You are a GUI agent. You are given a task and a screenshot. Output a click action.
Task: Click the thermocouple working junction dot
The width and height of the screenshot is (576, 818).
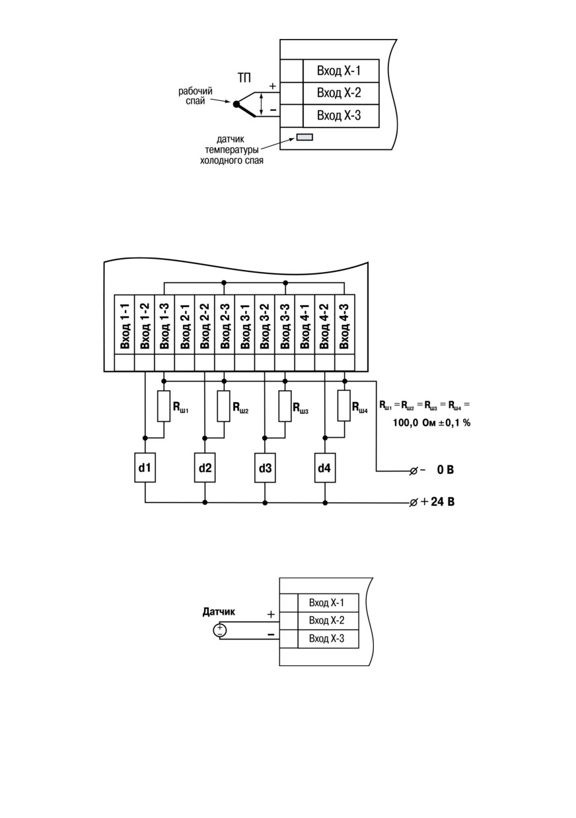[236, 104]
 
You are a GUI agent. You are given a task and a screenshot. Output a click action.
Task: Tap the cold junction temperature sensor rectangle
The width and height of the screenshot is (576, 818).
[305, 137]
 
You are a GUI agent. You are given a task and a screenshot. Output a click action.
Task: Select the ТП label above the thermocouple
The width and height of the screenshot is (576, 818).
[244, 78]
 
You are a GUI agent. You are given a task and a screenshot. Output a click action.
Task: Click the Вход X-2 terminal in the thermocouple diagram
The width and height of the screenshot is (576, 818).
[339, 92]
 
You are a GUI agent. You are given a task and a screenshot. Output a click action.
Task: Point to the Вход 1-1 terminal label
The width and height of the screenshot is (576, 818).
[125, 326]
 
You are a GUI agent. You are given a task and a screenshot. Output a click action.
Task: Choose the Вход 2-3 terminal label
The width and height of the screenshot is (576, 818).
[225, 326]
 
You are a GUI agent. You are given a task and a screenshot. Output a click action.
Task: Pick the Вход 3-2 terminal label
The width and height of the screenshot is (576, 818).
[265, 326]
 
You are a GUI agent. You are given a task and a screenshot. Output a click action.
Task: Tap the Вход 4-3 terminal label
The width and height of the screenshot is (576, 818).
[344, 326]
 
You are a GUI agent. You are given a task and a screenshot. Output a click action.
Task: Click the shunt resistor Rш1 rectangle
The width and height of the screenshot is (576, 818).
[164, 406]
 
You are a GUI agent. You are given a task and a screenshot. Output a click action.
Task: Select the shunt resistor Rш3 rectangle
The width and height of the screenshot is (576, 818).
[285, 406]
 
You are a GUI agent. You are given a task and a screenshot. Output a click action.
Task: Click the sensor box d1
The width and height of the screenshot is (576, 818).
[145, 467]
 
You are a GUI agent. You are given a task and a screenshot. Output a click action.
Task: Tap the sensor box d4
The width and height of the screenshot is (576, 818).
[325, 467]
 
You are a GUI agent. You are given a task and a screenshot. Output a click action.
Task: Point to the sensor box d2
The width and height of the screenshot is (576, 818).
[205, 467]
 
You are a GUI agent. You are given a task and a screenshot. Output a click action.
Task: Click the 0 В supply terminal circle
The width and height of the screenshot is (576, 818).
[414, 471]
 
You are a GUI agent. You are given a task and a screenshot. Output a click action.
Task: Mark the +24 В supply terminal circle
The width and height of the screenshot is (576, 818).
[414, 503]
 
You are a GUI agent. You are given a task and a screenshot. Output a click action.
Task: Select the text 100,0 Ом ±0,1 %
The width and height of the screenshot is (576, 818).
[431, 423]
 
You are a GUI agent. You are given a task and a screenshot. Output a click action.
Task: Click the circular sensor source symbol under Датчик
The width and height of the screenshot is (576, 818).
[220, 631]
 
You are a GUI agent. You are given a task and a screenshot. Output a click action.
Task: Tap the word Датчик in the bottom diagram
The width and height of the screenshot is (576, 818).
[219, 611]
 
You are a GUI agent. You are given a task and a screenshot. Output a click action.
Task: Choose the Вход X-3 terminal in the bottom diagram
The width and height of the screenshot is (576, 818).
[327, 638]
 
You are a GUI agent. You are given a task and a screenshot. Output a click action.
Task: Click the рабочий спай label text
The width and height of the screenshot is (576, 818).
[196, 96]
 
